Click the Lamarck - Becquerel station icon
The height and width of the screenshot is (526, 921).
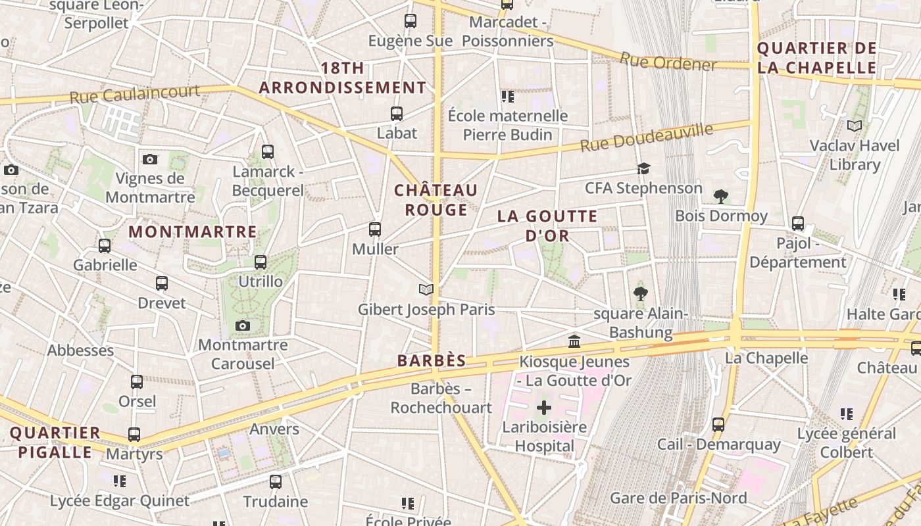pyautogui.click(x=267, y=152)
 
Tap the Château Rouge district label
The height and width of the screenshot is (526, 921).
pyautogui.click(x=436, y=200)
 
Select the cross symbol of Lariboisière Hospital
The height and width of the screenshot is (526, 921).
pyautogui.click(x=543, y=408)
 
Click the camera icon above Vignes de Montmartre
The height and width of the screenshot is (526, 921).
pyautogui.click(x=150, y=159)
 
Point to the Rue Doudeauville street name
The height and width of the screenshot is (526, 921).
pyautogui.click(x=646, y=137)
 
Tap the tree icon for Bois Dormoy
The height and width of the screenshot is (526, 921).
pyautogui.click(x=721, y=196)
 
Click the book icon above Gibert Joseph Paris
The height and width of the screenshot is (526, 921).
pyautogui.click(x=426, y=289)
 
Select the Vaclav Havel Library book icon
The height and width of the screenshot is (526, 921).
pyautogui.click(x=854, y=126)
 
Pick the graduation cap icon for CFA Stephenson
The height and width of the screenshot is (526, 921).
pyautogui.click(x=643, y=169)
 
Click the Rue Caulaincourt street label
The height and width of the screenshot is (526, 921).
pyautogui.click(x=135, y=94)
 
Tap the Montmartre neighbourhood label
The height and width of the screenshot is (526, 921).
pyautogui.click(x=192, y=232)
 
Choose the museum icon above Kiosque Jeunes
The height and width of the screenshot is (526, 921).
pyautogui.click(x=574, y=341)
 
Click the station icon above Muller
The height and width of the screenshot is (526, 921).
pyautogui.click(x=375, y=229)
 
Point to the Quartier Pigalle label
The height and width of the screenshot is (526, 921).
pyautogui.click(x=55, y=442)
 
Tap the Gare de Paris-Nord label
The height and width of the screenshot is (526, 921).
pyautogui.click(x=678, y=498)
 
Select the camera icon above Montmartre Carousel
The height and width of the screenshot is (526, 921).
pyautogui.click(x=242, y=325)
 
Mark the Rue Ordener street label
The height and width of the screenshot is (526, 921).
pyautogui.click(x=668, y=63)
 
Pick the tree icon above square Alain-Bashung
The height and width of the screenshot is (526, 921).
pyautogui.click(x=640, y=293)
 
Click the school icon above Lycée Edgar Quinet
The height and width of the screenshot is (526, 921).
pyautogui.click(x=119, y=481)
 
